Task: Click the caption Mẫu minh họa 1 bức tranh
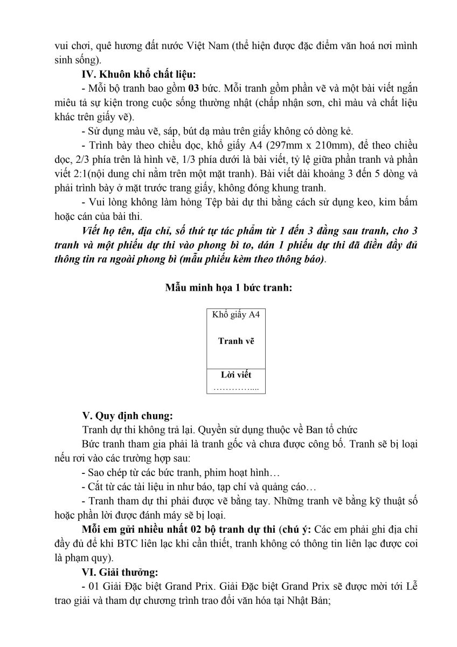point(228,287)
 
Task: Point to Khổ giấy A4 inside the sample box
point(236,314)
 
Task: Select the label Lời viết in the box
point(236,375)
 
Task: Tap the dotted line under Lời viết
point(236,387)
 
